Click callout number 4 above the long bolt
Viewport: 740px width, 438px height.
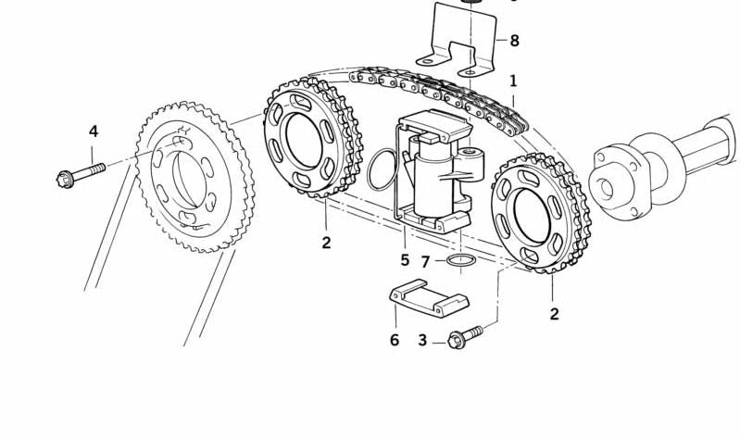[x=94, y=131]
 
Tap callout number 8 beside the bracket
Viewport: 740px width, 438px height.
[x=514, y=41]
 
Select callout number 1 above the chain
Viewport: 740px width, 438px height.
[x=513, y=81]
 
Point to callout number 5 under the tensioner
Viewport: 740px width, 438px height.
[x=405, y=259]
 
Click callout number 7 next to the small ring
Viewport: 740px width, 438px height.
[x=425, y=261]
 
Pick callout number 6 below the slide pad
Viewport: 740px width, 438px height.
[x=395, y=340]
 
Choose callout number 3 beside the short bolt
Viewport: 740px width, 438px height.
[x=422, y=340]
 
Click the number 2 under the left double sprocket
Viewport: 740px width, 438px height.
[x=326, y=243]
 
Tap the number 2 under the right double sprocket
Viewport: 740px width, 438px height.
[x=555, y=314]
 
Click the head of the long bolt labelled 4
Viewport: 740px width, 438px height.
[x=65, y=180]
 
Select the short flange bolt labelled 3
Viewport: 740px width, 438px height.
[x=465, y=337]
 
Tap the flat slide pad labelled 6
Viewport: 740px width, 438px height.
[x=429, y=298]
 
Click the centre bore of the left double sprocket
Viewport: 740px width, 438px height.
[x=304, y=140]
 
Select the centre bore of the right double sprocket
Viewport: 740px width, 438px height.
[x=532, y=217]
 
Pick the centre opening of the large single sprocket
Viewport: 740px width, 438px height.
[x=189, y=180]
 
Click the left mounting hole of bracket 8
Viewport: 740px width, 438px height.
[x=427, y=61]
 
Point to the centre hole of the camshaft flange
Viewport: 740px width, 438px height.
[x=607, y=188]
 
